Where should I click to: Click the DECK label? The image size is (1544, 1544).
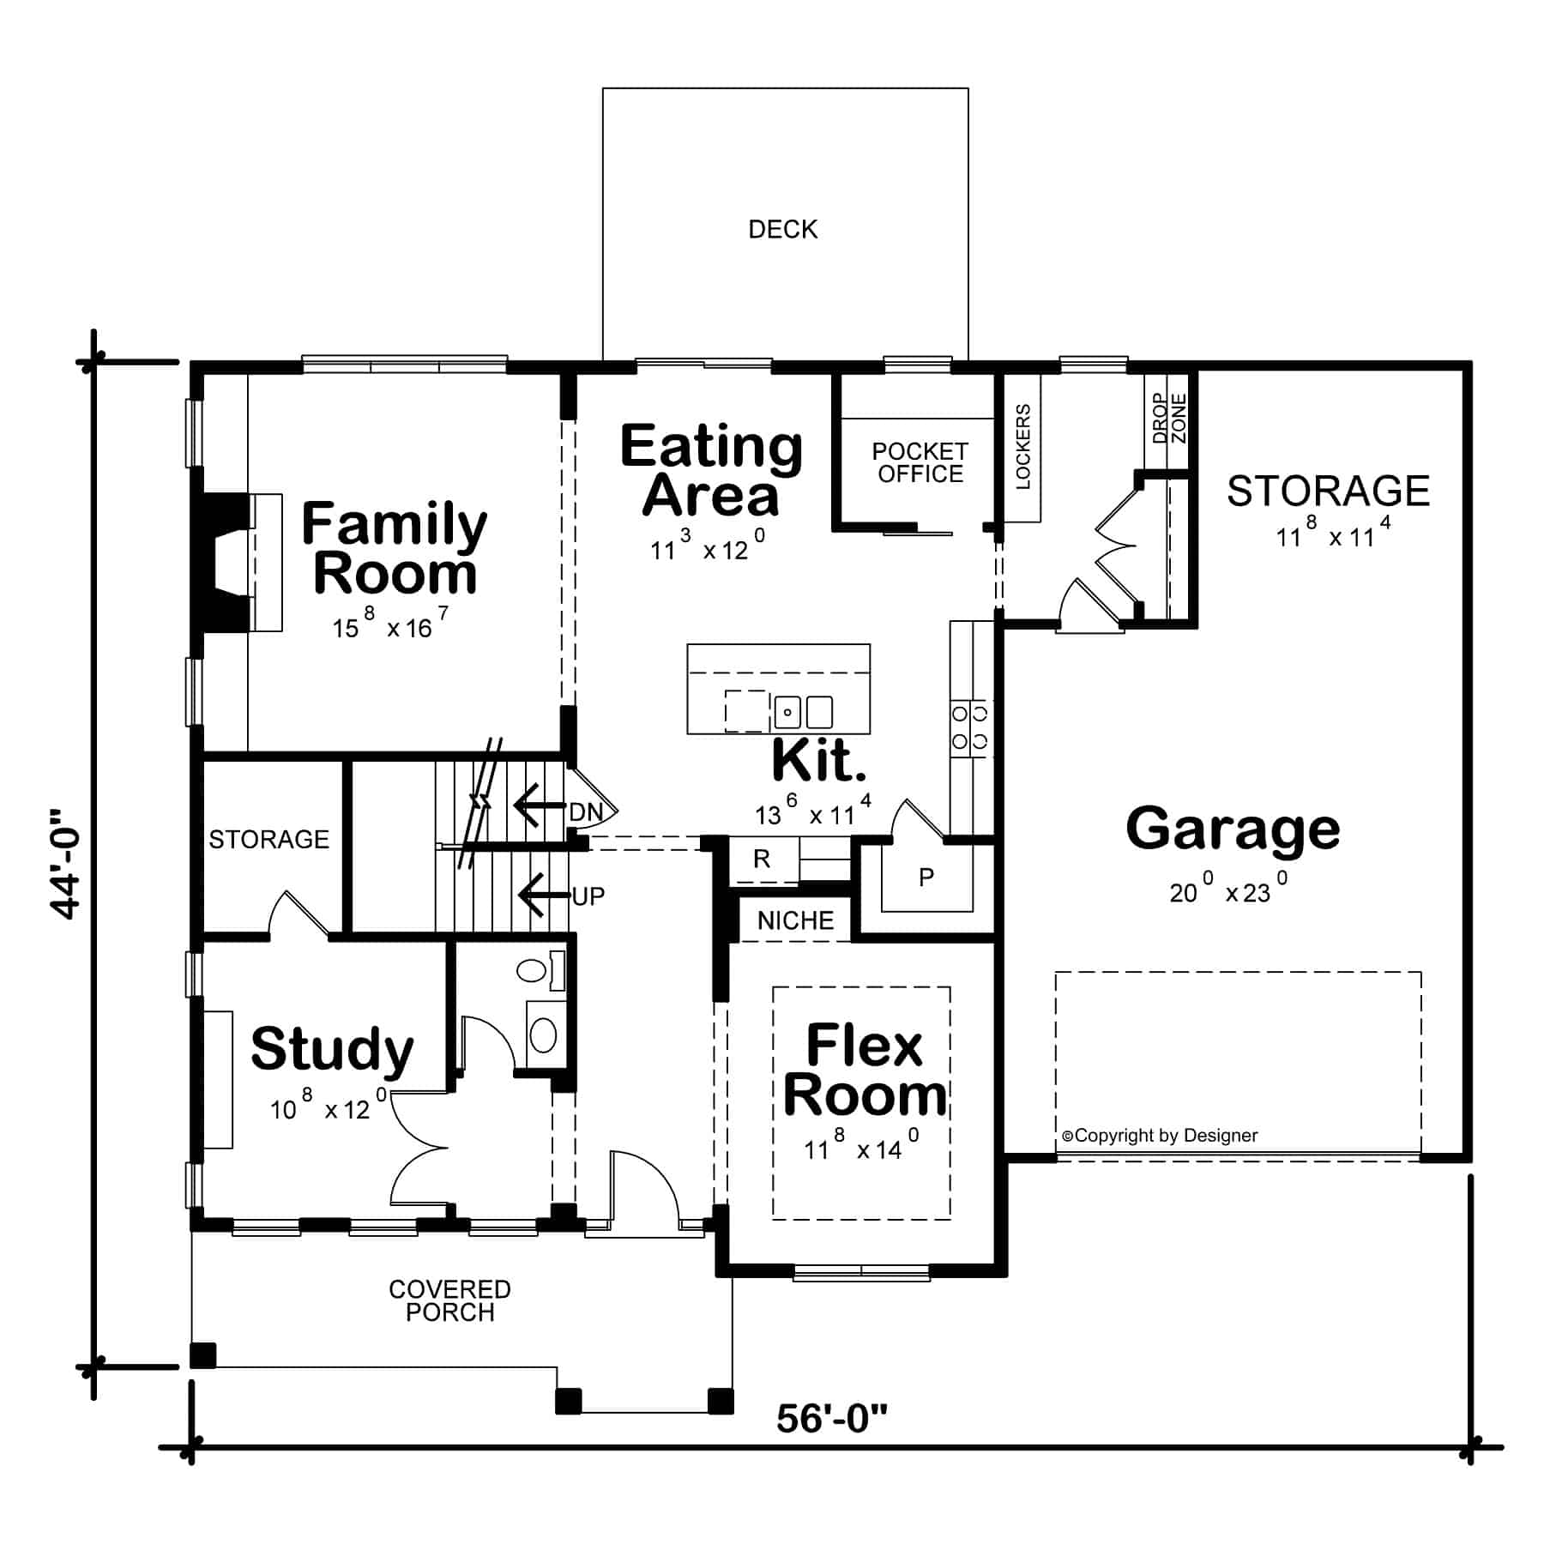pyautogui.click(x=782, y=229)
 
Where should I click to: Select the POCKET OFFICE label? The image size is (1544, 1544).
pyautogui.click(x=920, y=462)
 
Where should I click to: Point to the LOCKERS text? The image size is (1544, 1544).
pyautogui.click(x=1022, y=447)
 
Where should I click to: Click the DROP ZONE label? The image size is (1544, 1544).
pyautogui.click(x=1169, y=419)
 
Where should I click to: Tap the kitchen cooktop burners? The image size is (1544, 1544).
pyautogui.click(x=970, y=727)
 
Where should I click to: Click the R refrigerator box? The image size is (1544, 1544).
pyautogui.click(x=762, y=859)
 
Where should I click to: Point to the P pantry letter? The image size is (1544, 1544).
pyautogui.click(x=926, y=878)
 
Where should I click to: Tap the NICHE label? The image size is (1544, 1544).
pyautogui.click(x=795, y=920)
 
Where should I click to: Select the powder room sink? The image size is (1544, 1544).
pyautogui.click(x=544, y=1034)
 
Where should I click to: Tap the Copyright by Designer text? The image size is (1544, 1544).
pyautogui.click(x=1160, y=1136)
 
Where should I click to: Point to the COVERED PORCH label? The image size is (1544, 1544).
pyautogui.click(x=449, y=1301)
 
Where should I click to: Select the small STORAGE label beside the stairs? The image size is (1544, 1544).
pyautogui.click(x=268, y=839)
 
